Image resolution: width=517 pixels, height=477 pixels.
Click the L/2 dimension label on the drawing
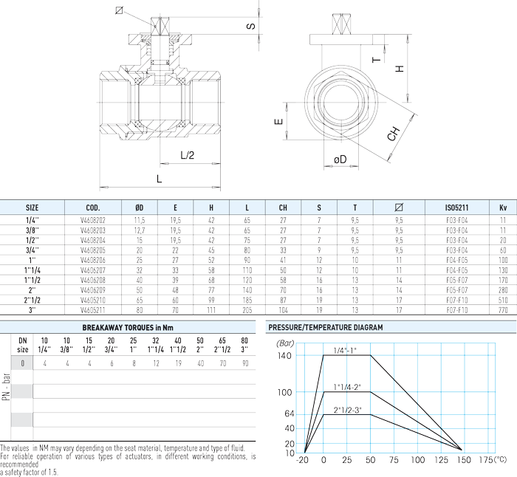coord(188,155)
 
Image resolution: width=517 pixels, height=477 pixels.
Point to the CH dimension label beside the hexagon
coord(394,134)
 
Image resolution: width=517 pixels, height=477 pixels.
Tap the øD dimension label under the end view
coord(340,159)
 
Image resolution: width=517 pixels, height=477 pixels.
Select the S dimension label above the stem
coord(251,26)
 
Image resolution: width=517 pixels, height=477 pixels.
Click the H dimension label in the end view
coord(400,69)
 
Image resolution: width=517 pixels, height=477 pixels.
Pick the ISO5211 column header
coord(456,207)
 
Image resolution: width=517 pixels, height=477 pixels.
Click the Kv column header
coord(503,207)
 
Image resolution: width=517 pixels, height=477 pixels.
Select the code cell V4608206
coord(93,260)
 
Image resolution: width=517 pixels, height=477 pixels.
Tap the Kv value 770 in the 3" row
coord(503,310)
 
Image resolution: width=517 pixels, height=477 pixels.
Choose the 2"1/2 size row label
coord(32,301)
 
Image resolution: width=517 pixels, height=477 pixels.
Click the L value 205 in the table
coord(247,310)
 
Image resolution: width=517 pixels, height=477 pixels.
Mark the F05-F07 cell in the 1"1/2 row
coord(457,280)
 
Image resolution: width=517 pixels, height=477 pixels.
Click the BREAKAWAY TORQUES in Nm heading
coord(128,328)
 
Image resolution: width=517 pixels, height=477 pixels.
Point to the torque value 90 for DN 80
coord(245,363)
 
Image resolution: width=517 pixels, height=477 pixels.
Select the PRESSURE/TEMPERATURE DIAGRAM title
coord(326,327)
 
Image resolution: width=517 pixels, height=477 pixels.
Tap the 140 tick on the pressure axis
coord(284,356)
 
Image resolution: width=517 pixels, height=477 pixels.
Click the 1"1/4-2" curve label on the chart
coord(347,387)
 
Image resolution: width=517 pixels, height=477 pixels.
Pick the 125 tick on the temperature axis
coord(441,460)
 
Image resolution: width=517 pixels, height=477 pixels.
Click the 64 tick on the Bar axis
coord(290,414)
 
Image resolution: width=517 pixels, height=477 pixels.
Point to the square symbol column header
coord(399,207)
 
